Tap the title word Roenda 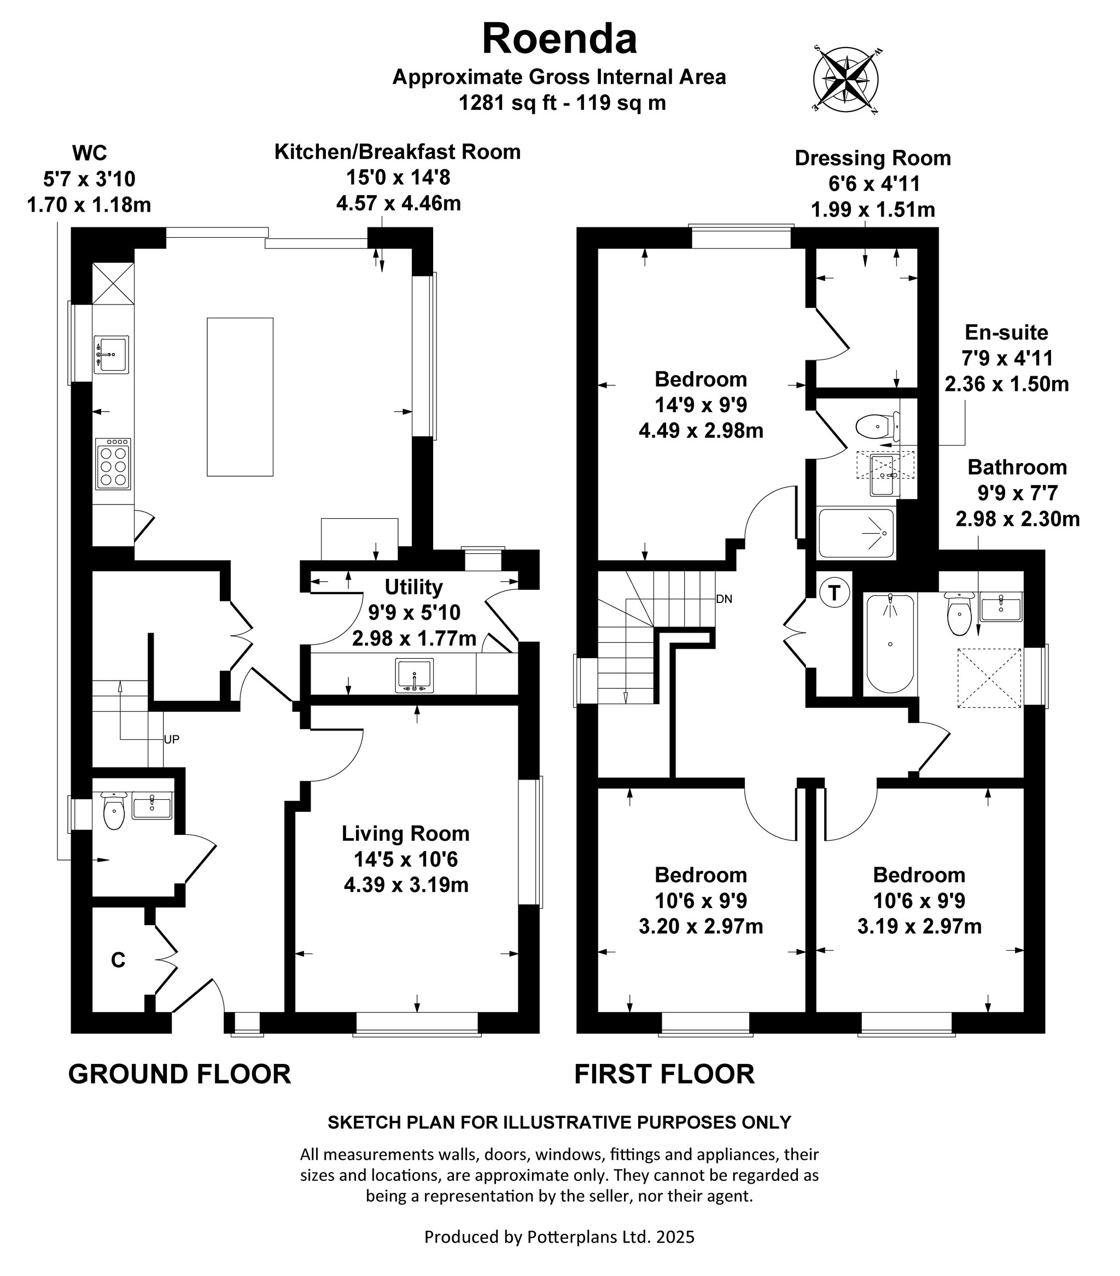[x=559, y=39]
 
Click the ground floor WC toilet [x=114, y=810]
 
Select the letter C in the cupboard [x=118, y=960]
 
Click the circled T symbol [x=835, y=592]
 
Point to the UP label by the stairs [x=172, y=739]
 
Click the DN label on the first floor [x=724, y=599]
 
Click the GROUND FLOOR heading [x=180, y=1074]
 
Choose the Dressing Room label [x=873, y=159]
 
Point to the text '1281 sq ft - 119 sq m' [x=563, y=102]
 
